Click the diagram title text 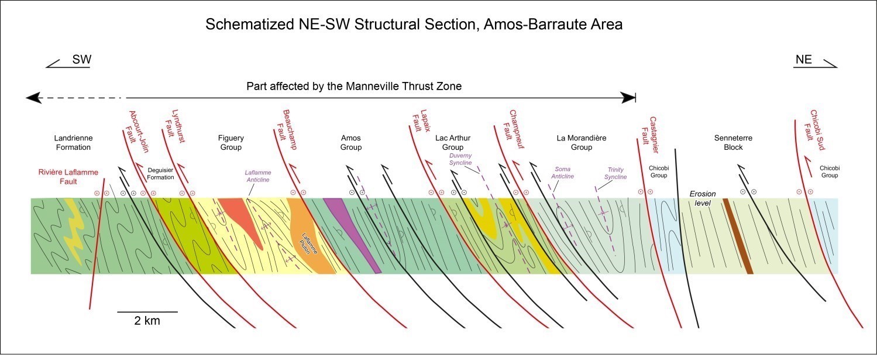point(414,24)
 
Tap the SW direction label point(82,60)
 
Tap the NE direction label point(804,60)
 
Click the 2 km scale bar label point(147,321)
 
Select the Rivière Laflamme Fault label point(68,177)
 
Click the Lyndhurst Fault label point(174,126)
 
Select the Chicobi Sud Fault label point(814,130)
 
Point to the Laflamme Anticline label point(258,176)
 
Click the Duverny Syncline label point(460,159)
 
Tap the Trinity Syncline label point(615,173)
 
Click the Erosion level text point(703,198)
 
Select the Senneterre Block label point(733,143)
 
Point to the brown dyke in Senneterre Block point(738,236)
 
